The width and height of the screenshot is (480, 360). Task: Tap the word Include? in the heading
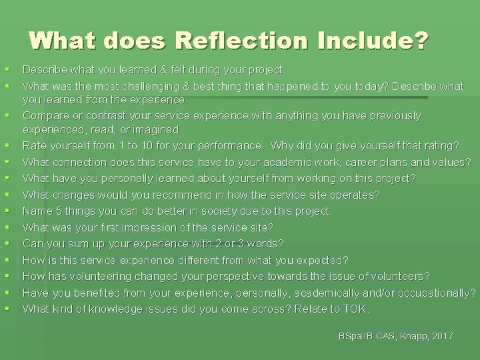373,41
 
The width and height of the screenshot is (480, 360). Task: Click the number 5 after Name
57,211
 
